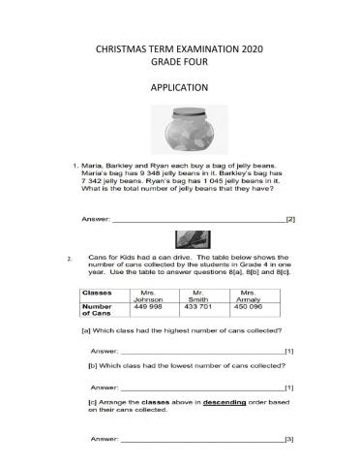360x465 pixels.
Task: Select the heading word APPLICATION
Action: pyautogui.click(x=181, y=87)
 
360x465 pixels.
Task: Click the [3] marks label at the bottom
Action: pyautogui.click(x=288, y=440)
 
